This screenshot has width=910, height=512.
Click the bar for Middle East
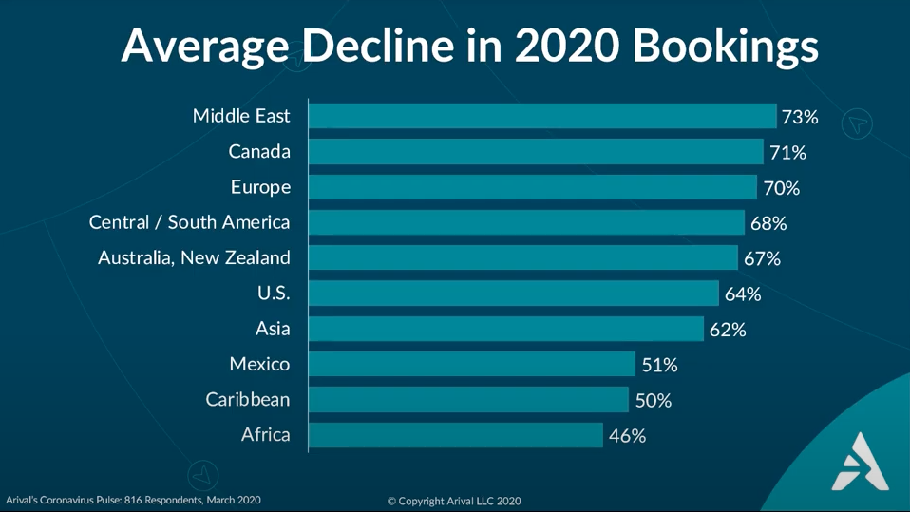[542, 116]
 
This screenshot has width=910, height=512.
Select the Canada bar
[537, 152]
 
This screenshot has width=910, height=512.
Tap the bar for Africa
[456, 435]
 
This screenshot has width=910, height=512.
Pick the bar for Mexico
[472, 364]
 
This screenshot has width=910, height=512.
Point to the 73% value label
[800, 117]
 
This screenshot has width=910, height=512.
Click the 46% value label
[627, 436]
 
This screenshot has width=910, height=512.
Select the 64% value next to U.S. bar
[743, 294]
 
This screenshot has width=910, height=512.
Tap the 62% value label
[728, 330]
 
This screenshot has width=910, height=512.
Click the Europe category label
[260, 187]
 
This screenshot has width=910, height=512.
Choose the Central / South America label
[189, 221]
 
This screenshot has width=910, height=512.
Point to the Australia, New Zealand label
[194, 257]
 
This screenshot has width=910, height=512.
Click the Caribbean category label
[248, 399]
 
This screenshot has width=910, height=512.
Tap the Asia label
[273, 329]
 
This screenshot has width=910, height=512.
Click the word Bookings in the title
[726, 47]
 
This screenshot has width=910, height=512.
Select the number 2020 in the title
[567, 45]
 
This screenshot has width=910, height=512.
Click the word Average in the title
[205, 47]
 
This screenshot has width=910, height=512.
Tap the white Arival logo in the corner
[860, 462]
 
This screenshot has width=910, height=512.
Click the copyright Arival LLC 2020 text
[454, 501]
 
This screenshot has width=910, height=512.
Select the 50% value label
[654, 401]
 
